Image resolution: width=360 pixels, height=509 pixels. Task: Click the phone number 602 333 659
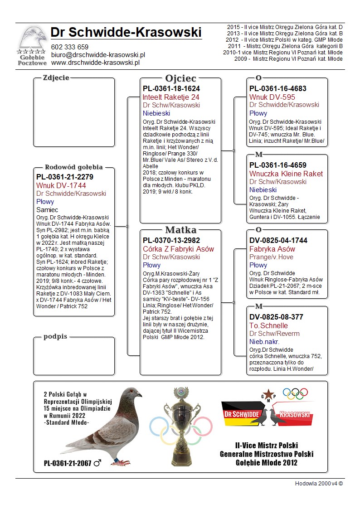pyautogui.click(x=69, y=47)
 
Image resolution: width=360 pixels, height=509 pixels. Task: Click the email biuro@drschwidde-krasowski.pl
pyautogui.click(x=97, y=55)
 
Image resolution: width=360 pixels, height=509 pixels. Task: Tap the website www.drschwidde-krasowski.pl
pyautogui.click(x=95, y=63)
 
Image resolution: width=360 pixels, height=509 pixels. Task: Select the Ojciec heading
pyautogui.click(x=180, y=78)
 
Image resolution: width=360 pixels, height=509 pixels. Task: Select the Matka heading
pyautogui.click(x=180, y=230)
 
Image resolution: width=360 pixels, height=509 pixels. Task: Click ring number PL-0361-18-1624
pyautogui.click(x=171, y=89)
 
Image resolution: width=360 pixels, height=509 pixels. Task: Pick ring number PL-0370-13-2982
pyautogui.click(x=171, y=241)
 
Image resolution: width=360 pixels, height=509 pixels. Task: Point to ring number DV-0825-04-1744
pyautogui.click(x=278, y=241)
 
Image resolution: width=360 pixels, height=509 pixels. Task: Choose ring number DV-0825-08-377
pyautogui.click(x=276, y=317)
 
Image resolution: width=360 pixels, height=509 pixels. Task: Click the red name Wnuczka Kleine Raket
pyautogui.click(x=286, y=174)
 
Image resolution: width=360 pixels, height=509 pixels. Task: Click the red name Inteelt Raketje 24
pyautogui.click(x=171, y=97)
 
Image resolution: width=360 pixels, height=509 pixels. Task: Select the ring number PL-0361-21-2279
pyautogui.click(x=65, y=177)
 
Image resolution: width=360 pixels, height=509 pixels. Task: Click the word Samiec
pyautogui.click(x=47, y=210)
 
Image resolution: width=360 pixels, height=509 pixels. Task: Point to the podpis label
pyautogui.click(x=55, y=336)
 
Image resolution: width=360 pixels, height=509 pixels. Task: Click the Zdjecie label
pyautogui.click(x=56, y=78)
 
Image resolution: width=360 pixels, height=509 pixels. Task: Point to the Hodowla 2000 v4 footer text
pyautogui.click(x=319, y=483)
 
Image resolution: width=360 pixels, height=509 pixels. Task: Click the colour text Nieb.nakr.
pyautogui.click(x=264, y=342)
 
